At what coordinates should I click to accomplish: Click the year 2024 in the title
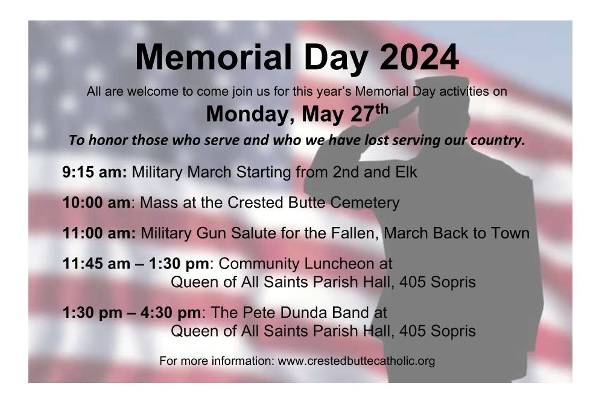(419, 57)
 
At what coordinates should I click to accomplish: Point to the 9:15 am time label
(94, 172)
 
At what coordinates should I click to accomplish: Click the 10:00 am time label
(97, 203)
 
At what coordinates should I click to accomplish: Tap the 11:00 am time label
(99, 234)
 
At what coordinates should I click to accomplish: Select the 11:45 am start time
(97, 264)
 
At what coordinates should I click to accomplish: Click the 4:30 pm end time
(170, 313)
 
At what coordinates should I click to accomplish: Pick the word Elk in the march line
(406, 172)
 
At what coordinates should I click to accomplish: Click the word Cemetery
(365, 203)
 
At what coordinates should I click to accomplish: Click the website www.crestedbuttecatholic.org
(356, 361)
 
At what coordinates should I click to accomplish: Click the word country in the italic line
(498, 140)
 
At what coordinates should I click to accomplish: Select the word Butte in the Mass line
(307, 203)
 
